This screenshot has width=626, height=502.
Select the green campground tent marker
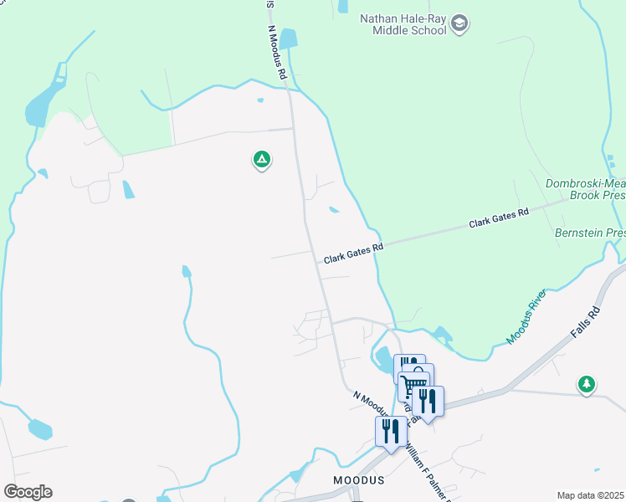[261, 159]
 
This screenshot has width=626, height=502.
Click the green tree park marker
[587, 384]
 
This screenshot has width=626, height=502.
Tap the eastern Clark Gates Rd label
[499, 218]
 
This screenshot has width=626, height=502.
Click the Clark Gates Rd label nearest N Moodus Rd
[353, 252]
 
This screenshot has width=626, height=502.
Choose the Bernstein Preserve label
[590, 232]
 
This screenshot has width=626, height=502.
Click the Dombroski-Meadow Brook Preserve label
[585, 188]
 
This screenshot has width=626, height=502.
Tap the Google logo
[28, 491]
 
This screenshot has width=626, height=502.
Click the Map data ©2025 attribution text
[590, 495]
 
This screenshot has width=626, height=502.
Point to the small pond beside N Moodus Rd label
[289, 39]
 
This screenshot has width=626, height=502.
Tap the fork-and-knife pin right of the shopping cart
[428, 401]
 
